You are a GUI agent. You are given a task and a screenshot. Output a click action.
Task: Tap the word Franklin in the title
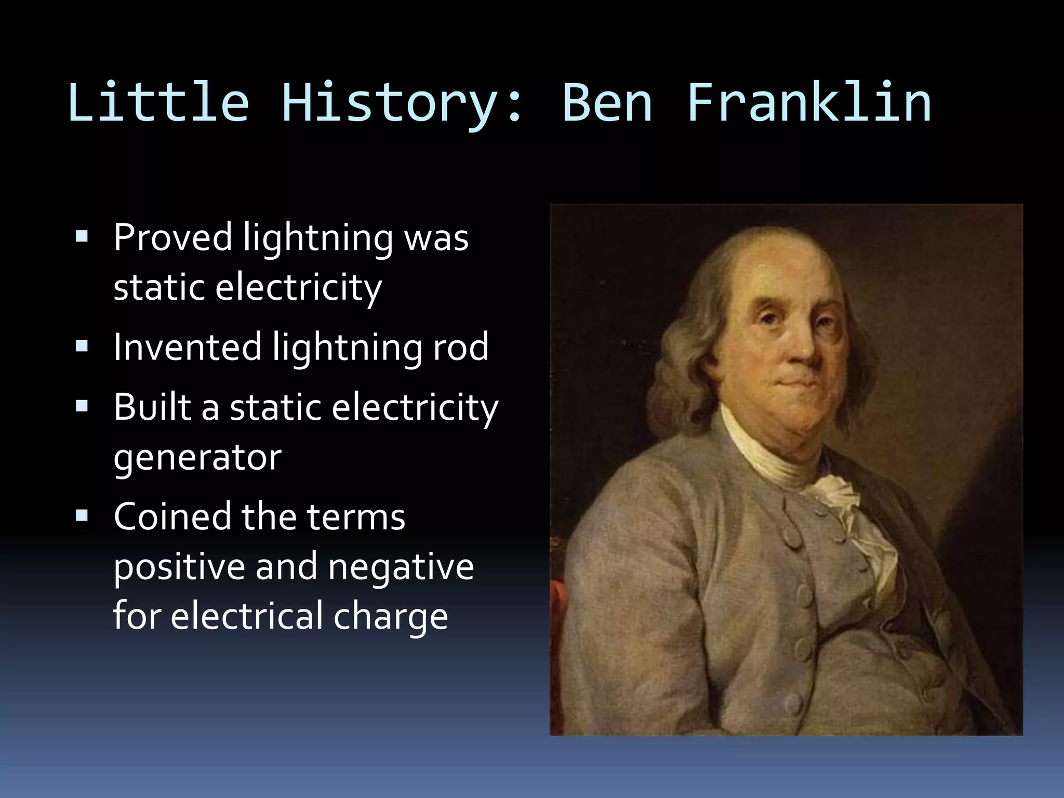(809, 102)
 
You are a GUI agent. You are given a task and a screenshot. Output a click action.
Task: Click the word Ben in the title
(607, 102)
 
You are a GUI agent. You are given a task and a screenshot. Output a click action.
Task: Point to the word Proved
(172, 238)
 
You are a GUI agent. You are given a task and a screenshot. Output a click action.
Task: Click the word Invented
(187, 347)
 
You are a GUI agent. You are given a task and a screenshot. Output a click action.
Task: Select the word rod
(460, 347)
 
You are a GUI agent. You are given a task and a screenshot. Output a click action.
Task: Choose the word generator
(197, 458)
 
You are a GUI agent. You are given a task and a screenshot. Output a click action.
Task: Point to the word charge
(390, 617)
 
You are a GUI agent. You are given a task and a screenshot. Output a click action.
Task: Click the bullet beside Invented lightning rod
(82, 346)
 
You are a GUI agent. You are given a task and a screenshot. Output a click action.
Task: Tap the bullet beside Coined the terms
(82, 515)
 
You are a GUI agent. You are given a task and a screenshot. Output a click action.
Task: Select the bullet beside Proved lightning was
(82, 237)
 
